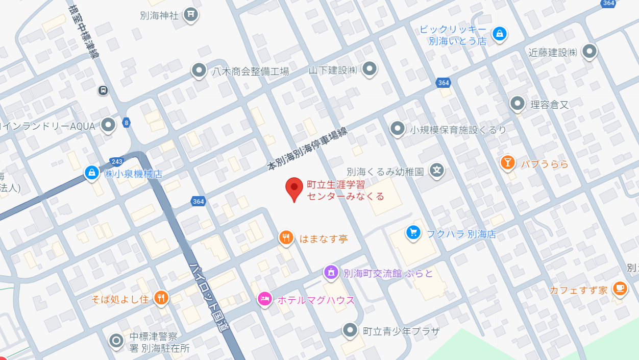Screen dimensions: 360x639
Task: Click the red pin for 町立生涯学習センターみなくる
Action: point(294,188)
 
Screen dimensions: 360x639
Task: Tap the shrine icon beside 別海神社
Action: point(191,14)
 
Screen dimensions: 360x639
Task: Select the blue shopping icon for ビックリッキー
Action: point(499,34)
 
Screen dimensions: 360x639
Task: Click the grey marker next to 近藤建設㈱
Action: point(589,51)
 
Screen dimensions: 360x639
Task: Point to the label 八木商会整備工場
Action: point(251,71)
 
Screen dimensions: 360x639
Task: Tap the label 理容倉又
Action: point(549,105)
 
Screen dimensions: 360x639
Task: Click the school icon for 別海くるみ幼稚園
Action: point(437,171)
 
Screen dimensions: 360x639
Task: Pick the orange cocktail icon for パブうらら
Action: point(507,163)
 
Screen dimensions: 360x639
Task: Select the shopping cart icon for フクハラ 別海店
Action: point(413,233)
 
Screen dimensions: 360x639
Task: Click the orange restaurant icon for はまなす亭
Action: point(286,237)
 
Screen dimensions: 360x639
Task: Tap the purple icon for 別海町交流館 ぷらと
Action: point(331,272)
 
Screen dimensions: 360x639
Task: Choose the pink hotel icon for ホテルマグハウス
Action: point(264,298)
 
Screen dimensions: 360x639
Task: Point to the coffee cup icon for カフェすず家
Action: point(620,289)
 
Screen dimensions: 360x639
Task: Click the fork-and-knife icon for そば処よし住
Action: point(161,298)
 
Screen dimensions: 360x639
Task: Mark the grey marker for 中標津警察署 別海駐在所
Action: point(116,340)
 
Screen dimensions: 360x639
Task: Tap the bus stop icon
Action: point(103,90)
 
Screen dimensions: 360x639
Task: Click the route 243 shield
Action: point(116,161)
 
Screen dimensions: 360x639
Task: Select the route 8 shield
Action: point(127,123)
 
